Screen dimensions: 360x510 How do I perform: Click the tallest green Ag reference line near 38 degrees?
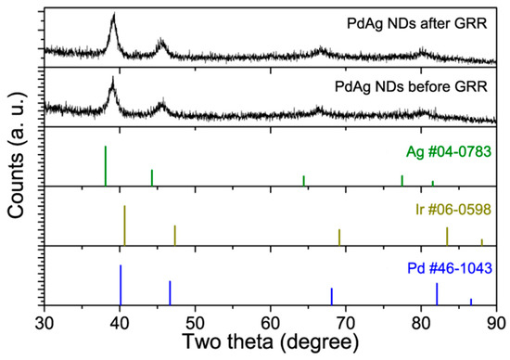point(106,166)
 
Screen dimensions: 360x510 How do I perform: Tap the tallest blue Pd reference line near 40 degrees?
point(121,284)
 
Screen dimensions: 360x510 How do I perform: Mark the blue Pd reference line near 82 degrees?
point(437,293)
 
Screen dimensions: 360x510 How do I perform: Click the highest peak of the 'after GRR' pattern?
point(113,17)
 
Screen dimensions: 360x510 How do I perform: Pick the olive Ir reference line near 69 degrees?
point(339,237)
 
